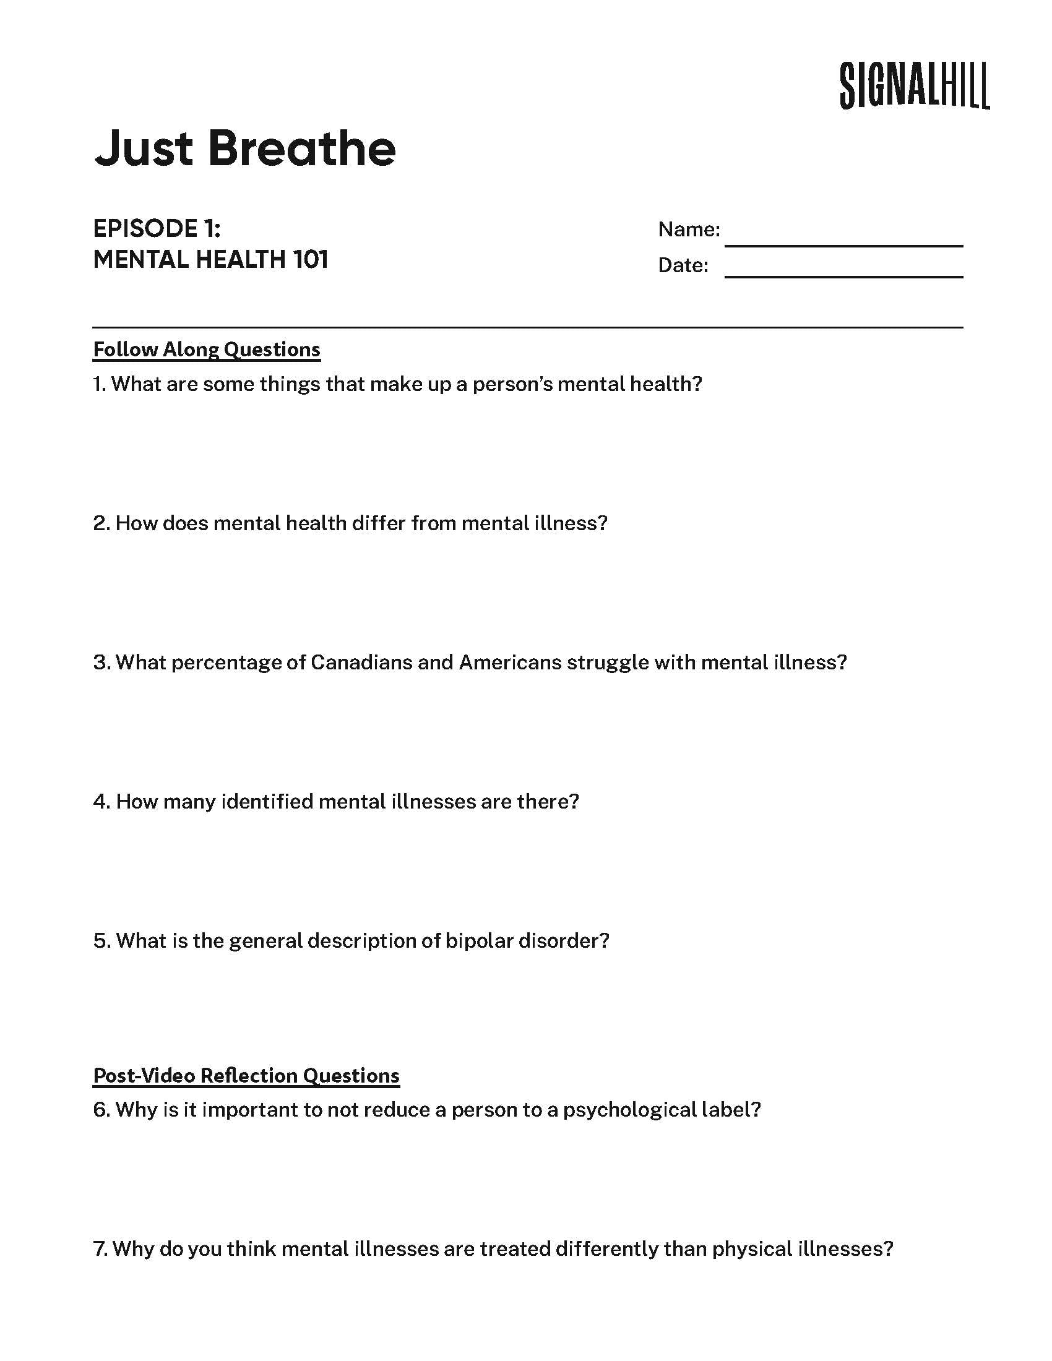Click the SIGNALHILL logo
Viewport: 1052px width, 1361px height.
click(914, 86)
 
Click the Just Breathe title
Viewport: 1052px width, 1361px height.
click(245, 149)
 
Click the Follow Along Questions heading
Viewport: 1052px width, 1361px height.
click(206, 350)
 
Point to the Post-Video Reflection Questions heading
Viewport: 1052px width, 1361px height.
click(246, 1076)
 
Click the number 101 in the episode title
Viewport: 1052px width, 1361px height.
click(310, 260)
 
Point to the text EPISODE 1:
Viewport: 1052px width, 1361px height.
click(157, 229)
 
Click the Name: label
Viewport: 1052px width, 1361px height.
click(689, 230)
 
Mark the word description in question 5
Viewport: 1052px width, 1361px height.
click(361, 941)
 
